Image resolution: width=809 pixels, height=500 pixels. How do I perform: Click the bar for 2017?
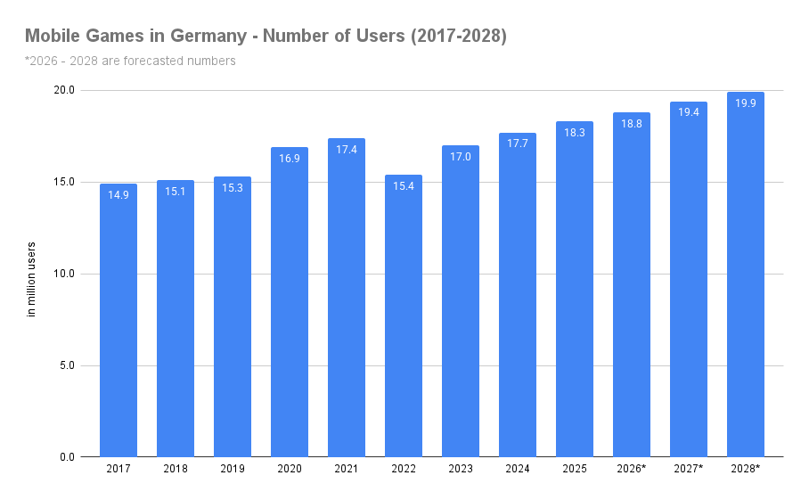point(118,321)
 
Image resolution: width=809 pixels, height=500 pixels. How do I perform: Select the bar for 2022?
point(404,316)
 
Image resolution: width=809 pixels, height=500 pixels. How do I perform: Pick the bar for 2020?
point(290,302)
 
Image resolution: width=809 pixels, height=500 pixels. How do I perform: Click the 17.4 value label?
point(347,149)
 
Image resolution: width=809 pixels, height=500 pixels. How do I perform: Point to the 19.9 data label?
point(746,103)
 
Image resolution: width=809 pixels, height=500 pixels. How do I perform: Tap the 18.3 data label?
point(575,132)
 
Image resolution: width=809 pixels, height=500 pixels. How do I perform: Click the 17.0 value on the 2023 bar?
point(461,156)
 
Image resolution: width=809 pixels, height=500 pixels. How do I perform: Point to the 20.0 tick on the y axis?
point(63,90)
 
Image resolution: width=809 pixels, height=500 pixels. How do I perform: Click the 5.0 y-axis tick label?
point(67,365)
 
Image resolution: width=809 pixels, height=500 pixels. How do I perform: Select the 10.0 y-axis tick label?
point(63,274)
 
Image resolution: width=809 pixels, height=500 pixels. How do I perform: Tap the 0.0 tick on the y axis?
point(67,457)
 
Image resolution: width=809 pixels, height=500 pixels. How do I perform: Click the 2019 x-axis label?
point(233,469)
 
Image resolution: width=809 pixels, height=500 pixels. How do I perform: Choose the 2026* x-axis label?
point(632,469)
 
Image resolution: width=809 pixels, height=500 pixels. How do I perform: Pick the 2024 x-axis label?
point(518,469)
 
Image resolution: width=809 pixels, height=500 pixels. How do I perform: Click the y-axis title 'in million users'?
point(31,279)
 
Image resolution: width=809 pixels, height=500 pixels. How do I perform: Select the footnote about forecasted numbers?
point(130,61)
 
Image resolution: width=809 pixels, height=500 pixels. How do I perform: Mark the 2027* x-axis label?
point(689,469)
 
